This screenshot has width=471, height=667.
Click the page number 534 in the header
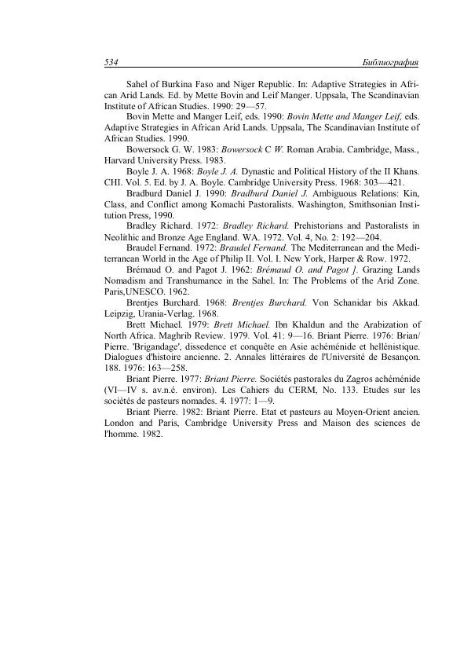[x=111, y=62]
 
